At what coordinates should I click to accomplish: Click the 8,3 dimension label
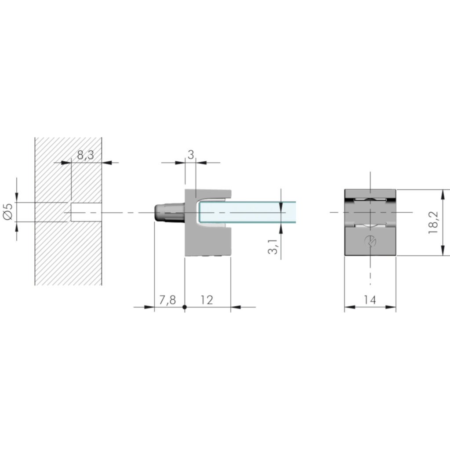click(x=86, y=155)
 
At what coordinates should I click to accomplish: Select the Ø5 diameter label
click(x=8, y=212)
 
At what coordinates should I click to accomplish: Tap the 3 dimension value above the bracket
click(x=191, y=155)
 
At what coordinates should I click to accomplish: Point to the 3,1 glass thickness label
click(x=273, y=247)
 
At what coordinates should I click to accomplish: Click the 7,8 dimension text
click(x=167, y=300)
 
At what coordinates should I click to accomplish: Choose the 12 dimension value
click(x=207, y=300)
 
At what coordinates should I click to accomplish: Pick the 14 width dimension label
click(x=370, y=300)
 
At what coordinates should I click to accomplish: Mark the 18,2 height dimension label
click(x=433, y=222)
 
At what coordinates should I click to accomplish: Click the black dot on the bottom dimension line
click(x=185, y=307)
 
